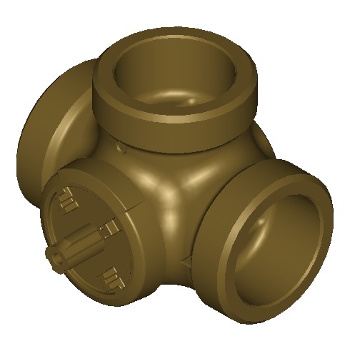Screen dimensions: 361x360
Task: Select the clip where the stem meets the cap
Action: pyautogui.click(x=111, y=228)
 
